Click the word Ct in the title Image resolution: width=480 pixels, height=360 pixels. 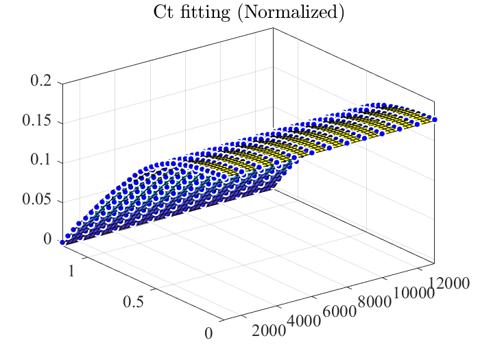(x=163, y=12)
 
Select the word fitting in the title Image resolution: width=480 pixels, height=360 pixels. (x=205, y=14)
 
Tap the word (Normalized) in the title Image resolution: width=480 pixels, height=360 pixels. (x=291, y=14)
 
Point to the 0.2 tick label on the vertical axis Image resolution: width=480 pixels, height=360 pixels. (x=40, y=81)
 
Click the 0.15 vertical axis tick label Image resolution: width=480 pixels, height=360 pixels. (x=37, y=120)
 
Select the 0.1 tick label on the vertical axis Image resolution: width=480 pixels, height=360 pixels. (x=40, y=160)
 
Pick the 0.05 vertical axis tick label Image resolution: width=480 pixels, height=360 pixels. (x=37, y=199)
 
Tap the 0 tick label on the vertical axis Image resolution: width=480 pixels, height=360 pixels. (x=47, y=239)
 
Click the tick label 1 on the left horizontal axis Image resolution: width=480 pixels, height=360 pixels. (x=71, y=272)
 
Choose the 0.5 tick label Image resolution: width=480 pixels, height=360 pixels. (x=133, y=302)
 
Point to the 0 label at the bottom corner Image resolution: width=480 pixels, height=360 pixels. (x=208, y=333)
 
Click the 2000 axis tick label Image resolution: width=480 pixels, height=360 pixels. (x=269, y=331)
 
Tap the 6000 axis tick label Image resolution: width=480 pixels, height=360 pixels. (x=339, y=311)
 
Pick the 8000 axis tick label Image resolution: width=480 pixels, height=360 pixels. (x=374, y=302)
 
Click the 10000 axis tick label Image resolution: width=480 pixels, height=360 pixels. (x=414, y=293)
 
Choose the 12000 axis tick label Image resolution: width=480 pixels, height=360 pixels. (x=448, y=283)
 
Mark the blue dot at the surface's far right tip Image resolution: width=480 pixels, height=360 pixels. (x=434, y=119)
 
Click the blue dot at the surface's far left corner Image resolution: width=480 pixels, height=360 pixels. (x=62, y=242)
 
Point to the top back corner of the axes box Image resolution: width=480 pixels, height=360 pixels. (x=274, y=28)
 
